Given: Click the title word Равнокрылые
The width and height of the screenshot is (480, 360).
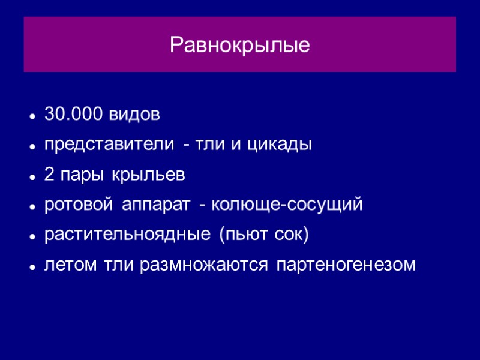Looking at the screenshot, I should (x=240, y=45).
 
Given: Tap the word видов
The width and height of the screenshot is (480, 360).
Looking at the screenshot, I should (x=134, y=114).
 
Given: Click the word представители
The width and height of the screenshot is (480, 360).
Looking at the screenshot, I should (x=110, y=145).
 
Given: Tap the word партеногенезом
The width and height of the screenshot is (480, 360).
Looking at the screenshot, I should (x=346, y=265).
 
